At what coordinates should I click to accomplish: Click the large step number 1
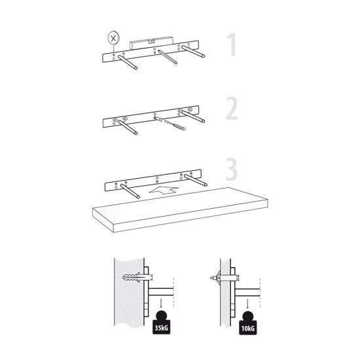[x=232, y=45]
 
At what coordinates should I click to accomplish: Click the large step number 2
[x=232, y=108]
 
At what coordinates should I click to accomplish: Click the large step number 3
[x=232, y=170]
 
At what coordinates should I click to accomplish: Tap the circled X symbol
[x=113, y=38]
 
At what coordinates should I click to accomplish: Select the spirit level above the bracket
[x=151, y=43]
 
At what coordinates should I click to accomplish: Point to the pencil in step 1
[x=168, y=57]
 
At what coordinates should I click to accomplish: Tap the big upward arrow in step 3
[x=164, y=190]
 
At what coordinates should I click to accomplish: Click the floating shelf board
[x=180, y=209]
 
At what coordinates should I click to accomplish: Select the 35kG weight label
[x=162, y=328]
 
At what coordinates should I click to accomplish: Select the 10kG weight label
[x=247, y=329]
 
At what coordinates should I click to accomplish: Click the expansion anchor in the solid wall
[x=137, y=278]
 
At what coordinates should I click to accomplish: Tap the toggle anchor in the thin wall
[x=225, y=278]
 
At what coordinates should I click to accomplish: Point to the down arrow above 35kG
[x=162, y=303]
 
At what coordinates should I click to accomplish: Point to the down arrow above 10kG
[x=247, y=304]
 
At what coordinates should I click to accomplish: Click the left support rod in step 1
[x=128, y=62]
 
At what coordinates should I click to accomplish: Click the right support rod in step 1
[x=193, y=52]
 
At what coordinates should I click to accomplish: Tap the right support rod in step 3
[x=196, y=180]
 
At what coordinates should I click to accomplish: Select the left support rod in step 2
[x=128, y=127]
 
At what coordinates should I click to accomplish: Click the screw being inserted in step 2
[x=158, y=118]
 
